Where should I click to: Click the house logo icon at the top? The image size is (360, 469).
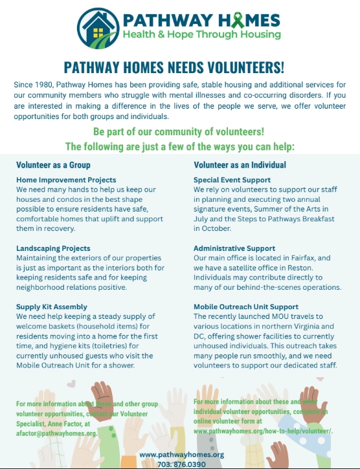coord(97,26)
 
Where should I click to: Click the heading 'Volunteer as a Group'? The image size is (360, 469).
coord(53,165)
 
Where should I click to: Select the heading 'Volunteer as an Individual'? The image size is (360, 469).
coord(240,165)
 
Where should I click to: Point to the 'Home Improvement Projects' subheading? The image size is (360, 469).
coord(66,180)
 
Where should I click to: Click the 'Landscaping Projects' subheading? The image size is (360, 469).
coord(53,248)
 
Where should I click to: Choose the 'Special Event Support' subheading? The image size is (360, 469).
coord(232,180)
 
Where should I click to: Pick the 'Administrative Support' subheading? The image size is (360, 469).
coord(234,248)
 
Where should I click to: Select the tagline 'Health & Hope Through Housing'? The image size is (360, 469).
coord(202,34)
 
